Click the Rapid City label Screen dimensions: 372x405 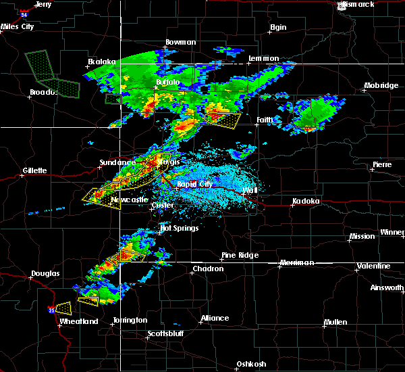click(194, 184)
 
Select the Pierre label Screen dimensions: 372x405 click(381, 164)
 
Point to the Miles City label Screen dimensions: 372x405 click(18, 26)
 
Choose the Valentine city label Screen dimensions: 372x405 click(374, 266)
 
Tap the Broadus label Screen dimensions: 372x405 click(42, 92)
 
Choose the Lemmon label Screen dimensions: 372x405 click(263, 58)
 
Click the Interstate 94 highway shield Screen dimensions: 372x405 click(24, 13)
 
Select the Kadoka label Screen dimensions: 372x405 click(305, 201)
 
